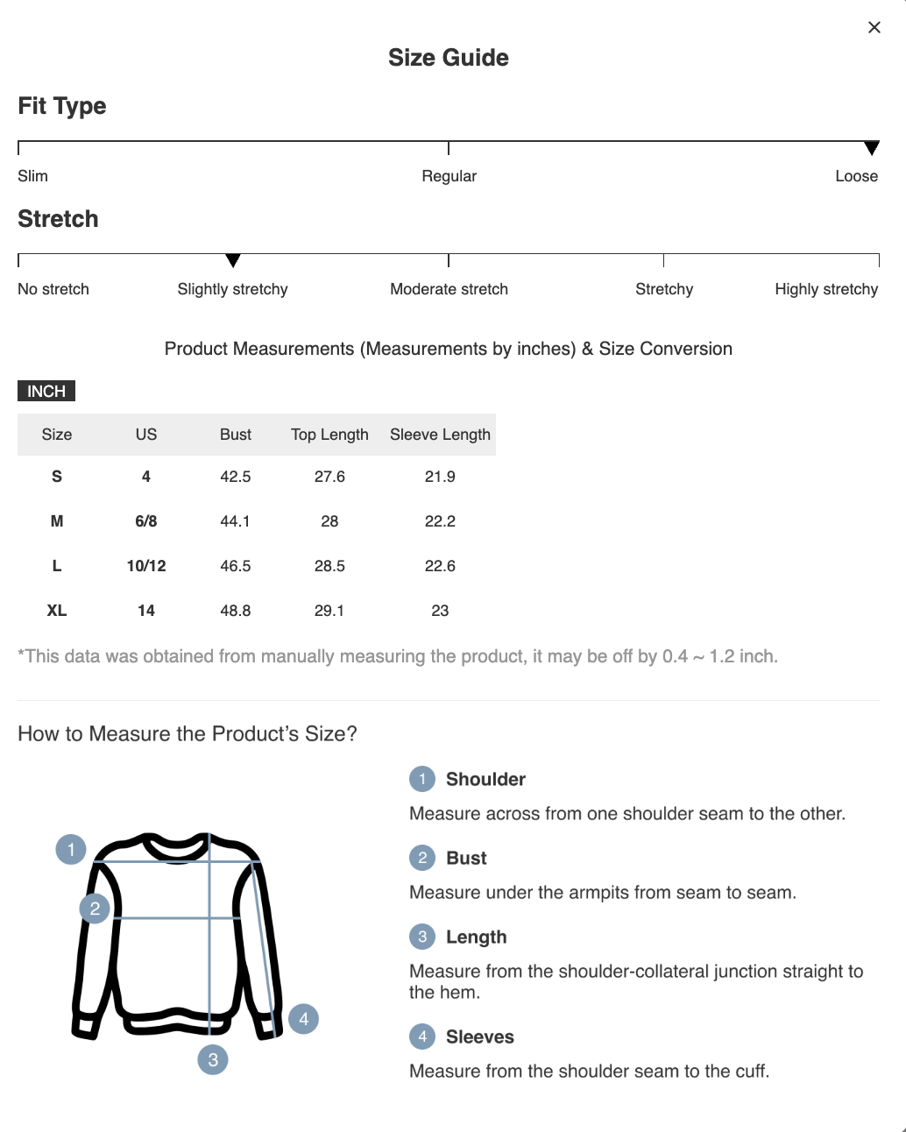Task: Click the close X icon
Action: (x=874, y=27)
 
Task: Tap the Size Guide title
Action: (x=448, y=58)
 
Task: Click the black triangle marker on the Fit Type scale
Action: (x=871, y=147)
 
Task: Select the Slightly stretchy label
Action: (x=232, y=289)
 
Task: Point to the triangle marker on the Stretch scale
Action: (x=232, y=260)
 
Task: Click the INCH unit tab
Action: (x=46, y=391)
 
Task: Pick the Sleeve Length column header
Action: (x=440, y=435)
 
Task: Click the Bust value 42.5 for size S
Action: (x=235, y=477)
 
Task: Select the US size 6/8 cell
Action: (x=146, y=521)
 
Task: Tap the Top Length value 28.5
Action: (x=329, y=566)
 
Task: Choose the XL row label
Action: (x=57, y=611)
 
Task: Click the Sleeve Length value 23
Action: (x=440, y=611)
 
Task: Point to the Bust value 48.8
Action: (x=235, y=611)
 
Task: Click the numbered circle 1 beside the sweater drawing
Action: (x=71, y=849)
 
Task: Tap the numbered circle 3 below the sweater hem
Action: (x=213, y=1060)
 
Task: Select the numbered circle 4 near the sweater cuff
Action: (x=303, y=1019)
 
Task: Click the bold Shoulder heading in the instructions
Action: (x=485, y=779)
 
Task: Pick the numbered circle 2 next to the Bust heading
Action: (x=422, y=858)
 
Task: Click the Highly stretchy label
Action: (x=825, y=289)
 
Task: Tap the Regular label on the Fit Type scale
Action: (x=449, y=176)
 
